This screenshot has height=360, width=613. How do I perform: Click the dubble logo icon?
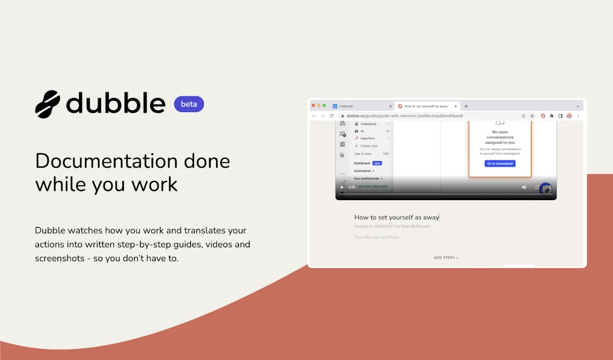pyautogui.click(x=47, y=104)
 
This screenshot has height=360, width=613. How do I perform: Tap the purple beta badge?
pyautogui.click(x=189, y=104)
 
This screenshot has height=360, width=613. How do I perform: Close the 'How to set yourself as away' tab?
pyautogui.click(x=456, y=106)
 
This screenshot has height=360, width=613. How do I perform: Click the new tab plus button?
pyautogui.click(x=466, y=106)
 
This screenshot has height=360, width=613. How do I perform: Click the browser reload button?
pyautogui.click(x=332, y=116)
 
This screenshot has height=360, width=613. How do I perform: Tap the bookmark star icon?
pyautogui.click(x=532, y=116)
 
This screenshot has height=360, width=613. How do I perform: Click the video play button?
pyautogui.click(x=342, y=187)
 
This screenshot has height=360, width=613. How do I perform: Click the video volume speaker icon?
pyautogui.click(x=524, y=187)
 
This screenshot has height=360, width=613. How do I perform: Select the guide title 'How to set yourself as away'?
pyautogui.click(x=396, y=217)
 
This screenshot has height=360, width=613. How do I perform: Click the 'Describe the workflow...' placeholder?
pyautogui.click(x=378, y=237)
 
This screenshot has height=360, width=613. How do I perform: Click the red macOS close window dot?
pyautogui.click(x=313, y=105)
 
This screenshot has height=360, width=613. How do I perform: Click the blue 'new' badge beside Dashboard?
pyautogui.click(x=377, y=163)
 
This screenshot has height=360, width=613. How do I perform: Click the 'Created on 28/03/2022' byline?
pyautogui.click(x=392, y=226)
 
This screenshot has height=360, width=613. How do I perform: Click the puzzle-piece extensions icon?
pyautogui.click(x=551, y=116)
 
